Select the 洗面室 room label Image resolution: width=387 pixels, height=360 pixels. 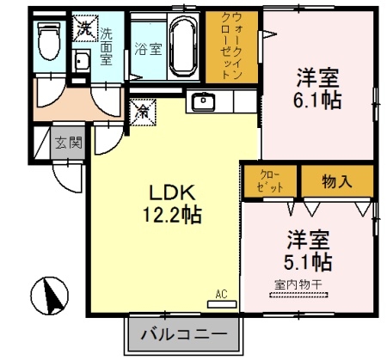107,47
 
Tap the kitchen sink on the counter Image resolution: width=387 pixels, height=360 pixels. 204,101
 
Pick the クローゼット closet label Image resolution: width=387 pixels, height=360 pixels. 269,180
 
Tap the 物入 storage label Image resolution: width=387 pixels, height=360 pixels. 336,180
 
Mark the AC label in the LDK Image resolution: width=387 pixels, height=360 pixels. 221,294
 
